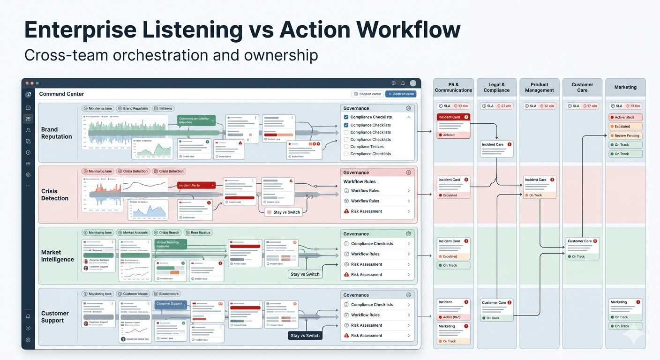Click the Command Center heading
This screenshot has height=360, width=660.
(x=61, y=94)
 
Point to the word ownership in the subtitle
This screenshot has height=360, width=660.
(x=280, y=55)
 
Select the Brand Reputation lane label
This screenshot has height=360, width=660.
(x=56, y=133)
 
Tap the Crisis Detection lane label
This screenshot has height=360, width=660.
(x=55, y=195)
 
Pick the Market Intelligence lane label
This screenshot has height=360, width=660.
(x=57, y=256)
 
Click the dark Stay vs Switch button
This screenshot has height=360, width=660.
(x=305, y=336)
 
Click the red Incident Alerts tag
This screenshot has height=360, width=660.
(x=196, y=186)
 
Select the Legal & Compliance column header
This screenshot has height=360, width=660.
(x=496, y=87)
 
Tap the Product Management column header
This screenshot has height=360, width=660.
(x=540, y=87)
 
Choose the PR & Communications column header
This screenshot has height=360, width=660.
(x=453, y=87)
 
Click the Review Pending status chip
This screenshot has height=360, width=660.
(x=626, y=135)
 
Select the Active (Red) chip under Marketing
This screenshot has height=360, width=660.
(x=626, y=117)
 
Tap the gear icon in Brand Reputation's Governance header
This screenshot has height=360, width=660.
(x=408, y=108)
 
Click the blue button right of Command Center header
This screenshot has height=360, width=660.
(x=401, y=94)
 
